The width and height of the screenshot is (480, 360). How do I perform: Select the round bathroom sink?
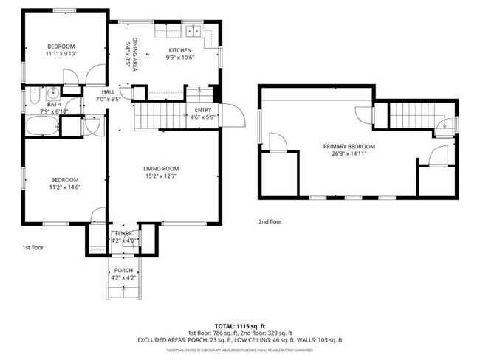pos(52,94)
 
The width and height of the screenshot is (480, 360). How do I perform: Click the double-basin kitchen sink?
pos(194,31)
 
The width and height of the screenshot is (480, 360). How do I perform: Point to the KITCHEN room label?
pos(180,50)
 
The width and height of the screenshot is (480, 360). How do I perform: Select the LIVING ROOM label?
pos(161,169)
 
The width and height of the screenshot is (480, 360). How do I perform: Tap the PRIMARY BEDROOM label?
pos(349,146)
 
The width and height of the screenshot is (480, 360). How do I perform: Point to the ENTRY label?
pos(202,110)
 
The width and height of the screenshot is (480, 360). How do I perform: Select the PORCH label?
pos(123,270)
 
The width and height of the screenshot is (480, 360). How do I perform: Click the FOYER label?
pos(123,233)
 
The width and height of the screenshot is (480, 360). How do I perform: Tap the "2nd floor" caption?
pos(270,221)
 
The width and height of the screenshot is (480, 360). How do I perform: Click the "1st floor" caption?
pos(32,247)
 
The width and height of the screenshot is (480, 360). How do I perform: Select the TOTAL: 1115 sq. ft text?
pos(240,325)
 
